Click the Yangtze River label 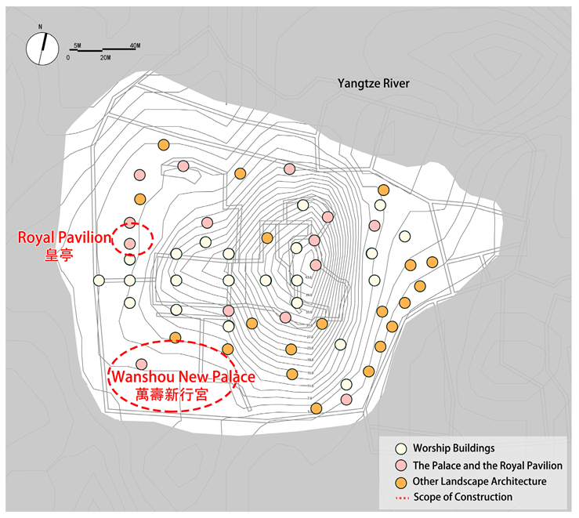[373, 84]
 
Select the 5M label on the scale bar [76, 46]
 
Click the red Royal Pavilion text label [65, 237]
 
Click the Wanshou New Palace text [183, 377]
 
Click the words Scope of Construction [464, 497]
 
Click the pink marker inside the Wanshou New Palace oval [141, 364]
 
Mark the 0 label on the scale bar [68, 59]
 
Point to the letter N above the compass [39, 27]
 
